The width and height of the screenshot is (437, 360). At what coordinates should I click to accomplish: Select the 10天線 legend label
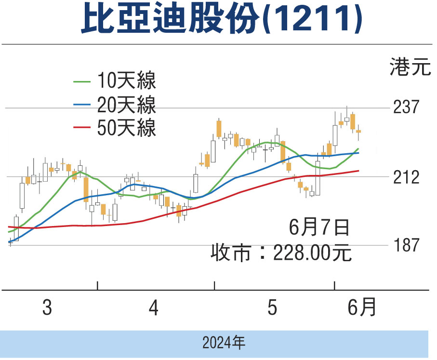click(126, 80)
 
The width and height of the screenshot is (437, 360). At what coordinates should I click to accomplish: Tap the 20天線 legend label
click(126, 104)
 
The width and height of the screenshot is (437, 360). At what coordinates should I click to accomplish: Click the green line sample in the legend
click(82, 81)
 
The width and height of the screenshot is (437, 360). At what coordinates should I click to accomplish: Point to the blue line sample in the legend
click(82, 105)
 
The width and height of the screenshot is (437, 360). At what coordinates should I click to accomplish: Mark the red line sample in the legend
click(82, 128)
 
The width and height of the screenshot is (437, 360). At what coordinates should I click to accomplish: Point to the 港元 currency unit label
click(410, 68)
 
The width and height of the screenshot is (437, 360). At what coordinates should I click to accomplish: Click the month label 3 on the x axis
click(47, 308)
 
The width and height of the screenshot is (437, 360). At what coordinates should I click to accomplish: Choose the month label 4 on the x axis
click(154, 308)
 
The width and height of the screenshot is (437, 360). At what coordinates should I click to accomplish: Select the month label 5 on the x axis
click(273, 308)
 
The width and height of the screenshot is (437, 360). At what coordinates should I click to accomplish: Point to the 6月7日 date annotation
click(319, 227)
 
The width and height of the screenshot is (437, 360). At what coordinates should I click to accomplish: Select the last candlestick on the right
click(358, 131)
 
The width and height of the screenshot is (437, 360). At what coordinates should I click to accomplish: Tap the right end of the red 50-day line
click(358, 171)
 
